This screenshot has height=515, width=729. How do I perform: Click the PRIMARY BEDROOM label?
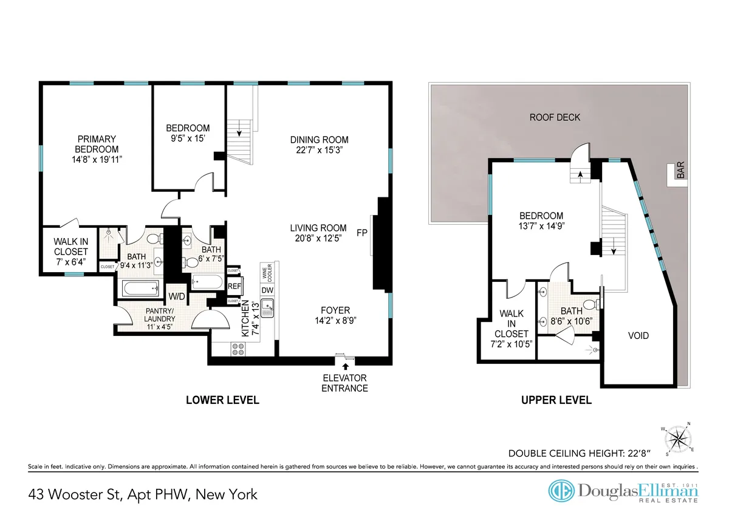click(x=97, y=144)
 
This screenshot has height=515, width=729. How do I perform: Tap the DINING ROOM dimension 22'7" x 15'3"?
click(x=319, y=149)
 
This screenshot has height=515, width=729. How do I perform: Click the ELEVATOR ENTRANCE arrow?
click(x=346, y=366)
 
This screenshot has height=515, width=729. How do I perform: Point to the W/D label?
click(x=176, y=296)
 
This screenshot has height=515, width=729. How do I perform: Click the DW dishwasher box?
click(x=267, y=290)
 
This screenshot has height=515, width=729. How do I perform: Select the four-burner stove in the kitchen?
click(x=238, y=349)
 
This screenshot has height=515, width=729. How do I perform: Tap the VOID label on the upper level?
click(x=638, y=336)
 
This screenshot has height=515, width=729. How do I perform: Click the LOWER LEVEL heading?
click(x=222, y=400)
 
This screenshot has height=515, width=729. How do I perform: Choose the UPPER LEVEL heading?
click(x=555, y=400)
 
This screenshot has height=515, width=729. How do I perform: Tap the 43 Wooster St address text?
click(x=143, y=494)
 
